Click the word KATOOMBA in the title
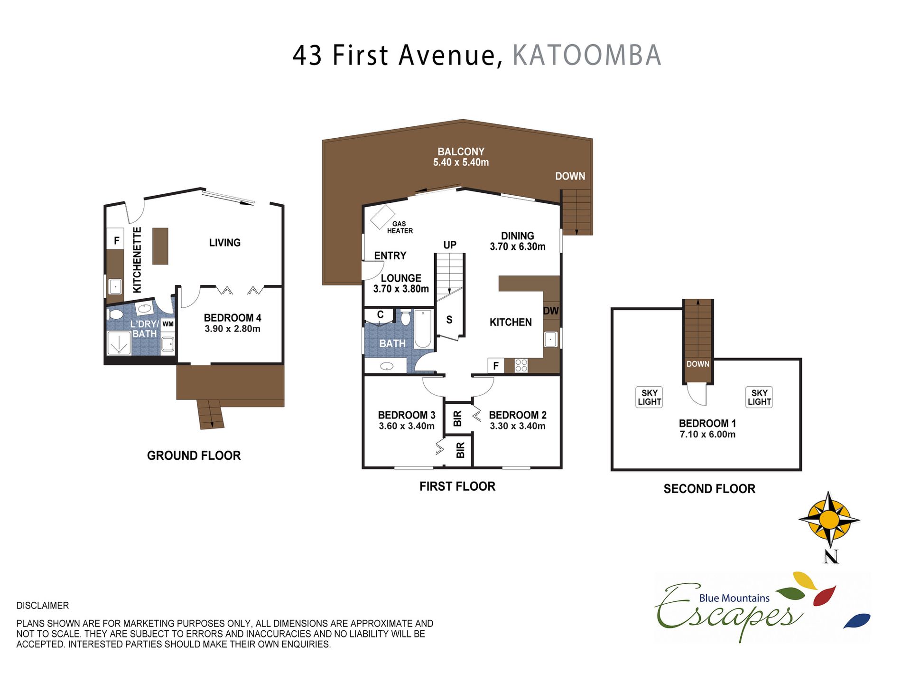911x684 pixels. (x=587, y=55)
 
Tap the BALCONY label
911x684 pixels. (x=461, y=152)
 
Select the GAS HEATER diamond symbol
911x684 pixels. (x=382, y=217)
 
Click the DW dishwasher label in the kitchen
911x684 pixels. (x=551, y=311)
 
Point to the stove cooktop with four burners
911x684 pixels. (x=521, y=365)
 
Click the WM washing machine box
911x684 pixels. (x=168, y=324)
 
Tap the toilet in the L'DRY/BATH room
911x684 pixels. (x=114, y=314)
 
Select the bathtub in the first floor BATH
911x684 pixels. (x=423, y=329)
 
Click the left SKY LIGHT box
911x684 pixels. (x=649, y=397)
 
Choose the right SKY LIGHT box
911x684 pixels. (x=759, y=397)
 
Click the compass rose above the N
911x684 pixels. (x=829, y=520)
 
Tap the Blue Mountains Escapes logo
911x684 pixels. (x=762, y=607)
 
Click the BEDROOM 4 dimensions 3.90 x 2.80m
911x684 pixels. (x=232, y=329)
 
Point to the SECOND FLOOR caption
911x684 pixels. (x=709, y=489)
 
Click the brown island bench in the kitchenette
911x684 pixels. (x=160, y=246)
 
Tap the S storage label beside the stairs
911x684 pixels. (x=449, y=320)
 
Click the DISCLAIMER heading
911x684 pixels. (x=43, y=606)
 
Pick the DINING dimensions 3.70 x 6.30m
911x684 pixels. (x=518, y=247)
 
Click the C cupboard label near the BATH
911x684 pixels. (x=380, y=314)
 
